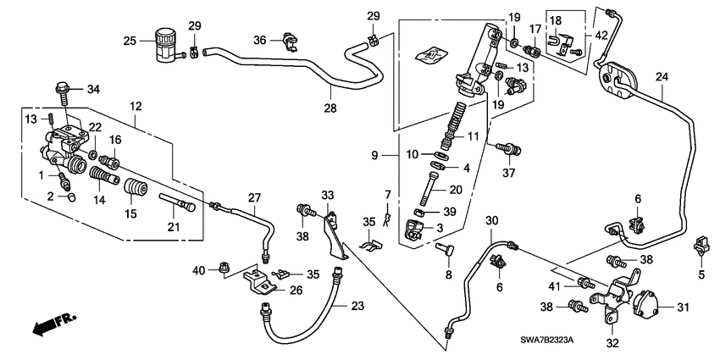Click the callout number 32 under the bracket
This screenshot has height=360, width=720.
(612, 344)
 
